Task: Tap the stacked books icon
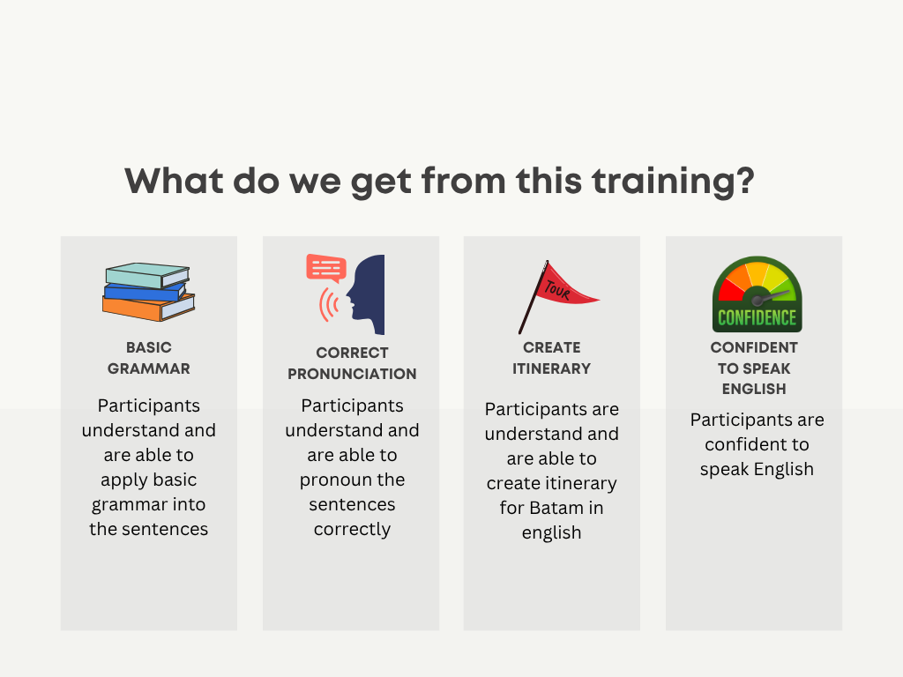pyautogui.click(x=148, y=292)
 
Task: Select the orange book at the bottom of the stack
pyautogui.click(x=148, y=308)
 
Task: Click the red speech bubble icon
pyautogui.click(x=326, y=269)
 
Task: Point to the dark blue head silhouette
pyautogui.click(x=366, y=294)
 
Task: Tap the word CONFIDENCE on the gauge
pyautogui.click(x=757, y=317)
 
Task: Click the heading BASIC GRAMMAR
pyautogui.click(x=148, y=358)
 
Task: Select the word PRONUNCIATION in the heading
pyautogui.click(x=352, y=374)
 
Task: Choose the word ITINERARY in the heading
pyautogui.click(x=552, y=369)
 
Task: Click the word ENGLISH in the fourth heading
pyautogui.click(x=754, y=389)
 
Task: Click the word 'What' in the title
pyautogui.click(x=174, y=181)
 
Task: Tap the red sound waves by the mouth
pyautogui.click(x=330, y=304)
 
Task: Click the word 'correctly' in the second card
pyautogui.click(x=352, y=530)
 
